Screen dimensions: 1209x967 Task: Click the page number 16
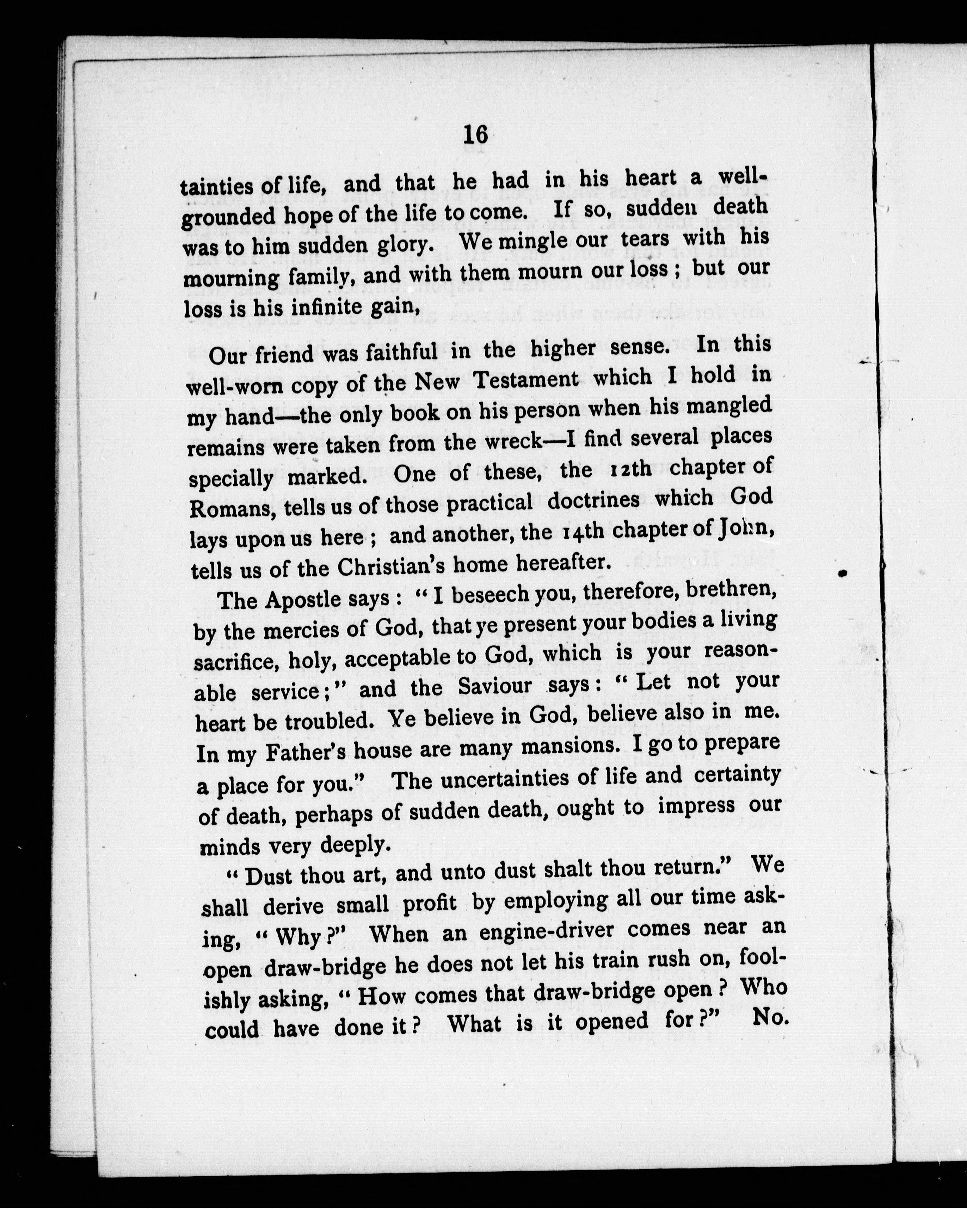point(476,135)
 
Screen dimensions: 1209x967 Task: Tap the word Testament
point(525,380)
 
